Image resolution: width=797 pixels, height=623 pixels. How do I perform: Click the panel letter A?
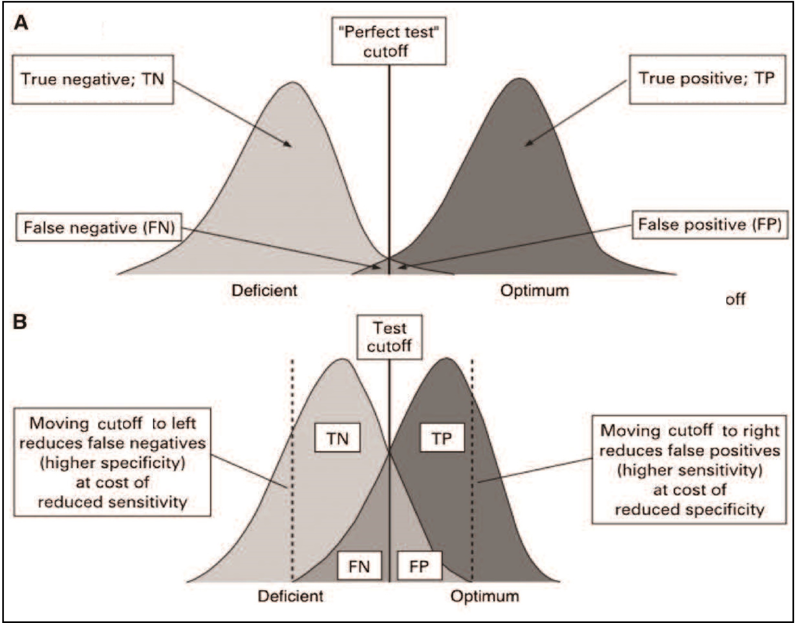click(21, 24)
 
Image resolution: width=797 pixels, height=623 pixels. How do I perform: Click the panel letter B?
click(20, 322)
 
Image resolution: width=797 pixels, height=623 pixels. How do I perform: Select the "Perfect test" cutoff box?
click(388, 41)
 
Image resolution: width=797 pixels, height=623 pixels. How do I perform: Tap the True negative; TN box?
click(93, 79)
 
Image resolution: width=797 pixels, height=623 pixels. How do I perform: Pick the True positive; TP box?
click(707, 79)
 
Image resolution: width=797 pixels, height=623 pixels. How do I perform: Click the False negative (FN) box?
click(99, 227)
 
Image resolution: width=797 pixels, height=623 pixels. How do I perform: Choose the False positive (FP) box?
click(709, 225)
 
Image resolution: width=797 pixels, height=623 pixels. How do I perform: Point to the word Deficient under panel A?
click(264, 291)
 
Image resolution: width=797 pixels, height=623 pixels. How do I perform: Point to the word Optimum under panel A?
click(534, 291)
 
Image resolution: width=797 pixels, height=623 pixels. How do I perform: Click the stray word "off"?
click(735, 299)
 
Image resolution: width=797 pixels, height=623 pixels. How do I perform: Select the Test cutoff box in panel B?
click(389, 337)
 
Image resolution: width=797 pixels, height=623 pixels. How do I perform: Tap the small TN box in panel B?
click(337, 438)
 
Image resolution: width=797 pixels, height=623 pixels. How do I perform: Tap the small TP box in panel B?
click(442, 438)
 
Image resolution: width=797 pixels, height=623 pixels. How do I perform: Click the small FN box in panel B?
click(359, 566)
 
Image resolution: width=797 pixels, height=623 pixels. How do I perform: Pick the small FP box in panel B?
click(419, 566)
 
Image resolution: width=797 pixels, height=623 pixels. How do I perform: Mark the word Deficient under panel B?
click(290, 596)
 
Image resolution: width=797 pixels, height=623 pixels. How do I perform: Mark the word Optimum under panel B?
click(484, 596)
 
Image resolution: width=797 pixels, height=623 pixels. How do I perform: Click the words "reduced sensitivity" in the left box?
click(113, 502)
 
